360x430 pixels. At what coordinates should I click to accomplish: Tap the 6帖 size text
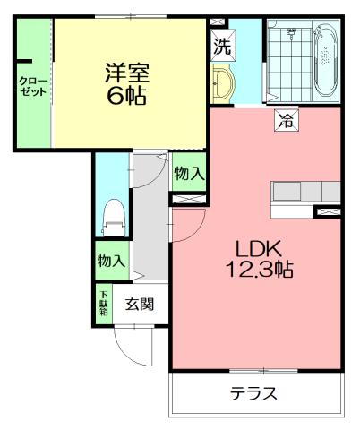[x=126, y=96]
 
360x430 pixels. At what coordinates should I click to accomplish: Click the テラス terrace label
[x=253, y=393]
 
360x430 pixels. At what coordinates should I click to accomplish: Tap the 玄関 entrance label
[x=139, y=304]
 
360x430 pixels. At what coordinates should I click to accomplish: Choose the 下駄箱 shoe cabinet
[x=104, y=304]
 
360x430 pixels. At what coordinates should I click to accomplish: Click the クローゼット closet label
[x=34, y=86]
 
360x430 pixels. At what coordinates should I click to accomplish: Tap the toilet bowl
[x=113, y=216]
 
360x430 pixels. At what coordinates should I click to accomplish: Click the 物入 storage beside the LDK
[x=188, y=174]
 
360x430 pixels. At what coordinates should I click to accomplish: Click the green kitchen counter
[x=307, y=192]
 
